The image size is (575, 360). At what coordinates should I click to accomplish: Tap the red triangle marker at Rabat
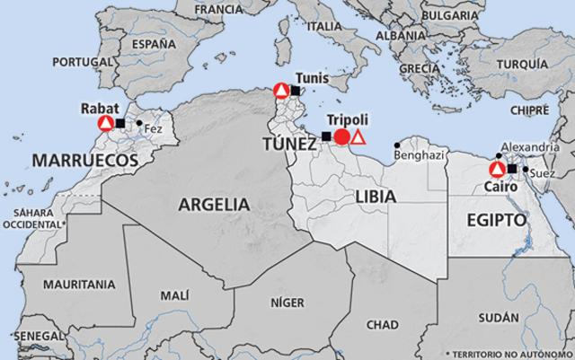point(106,124)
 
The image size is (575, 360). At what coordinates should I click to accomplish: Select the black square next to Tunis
point(296,91)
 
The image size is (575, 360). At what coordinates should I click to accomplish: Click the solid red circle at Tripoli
point(341,137)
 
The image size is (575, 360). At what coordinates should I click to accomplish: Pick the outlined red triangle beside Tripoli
point(358,137)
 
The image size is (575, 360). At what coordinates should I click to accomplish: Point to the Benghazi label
point(419,155)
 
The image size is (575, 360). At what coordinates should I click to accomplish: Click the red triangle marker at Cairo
point(496,169)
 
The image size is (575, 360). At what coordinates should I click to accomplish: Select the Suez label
point(543,171)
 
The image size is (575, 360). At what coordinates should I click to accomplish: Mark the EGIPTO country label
point(496,218)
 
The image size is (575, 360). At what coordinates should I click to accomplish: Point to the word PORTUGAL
point(80,62)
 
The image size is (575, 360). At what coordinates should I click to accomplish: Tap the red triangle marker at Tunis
point(282,91)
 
